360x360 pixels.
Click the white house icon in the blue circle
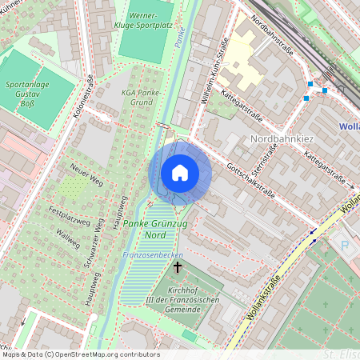(x=180, y=172)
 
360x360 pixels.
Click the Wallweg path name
(x=68, y=238)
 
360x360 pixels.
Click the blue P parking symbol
(x=345, y=244)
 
